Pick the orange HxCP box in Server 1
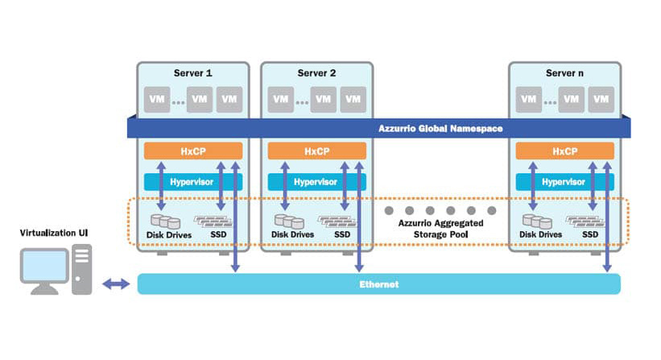(192, 151)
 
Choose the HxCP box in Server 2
(316, 151)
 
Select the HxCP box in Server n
(564, 151)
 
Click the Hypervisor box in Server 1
(192, 182)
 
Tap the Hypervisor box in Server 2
(316, 182)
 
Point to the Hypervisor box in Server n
(564, 182)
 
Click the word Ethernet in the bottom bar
(378, 284)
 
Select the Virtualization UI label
(55, 233)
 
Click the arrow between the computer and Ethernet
(117, 284)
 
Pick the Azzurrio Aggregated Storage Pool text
(436, 229)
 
